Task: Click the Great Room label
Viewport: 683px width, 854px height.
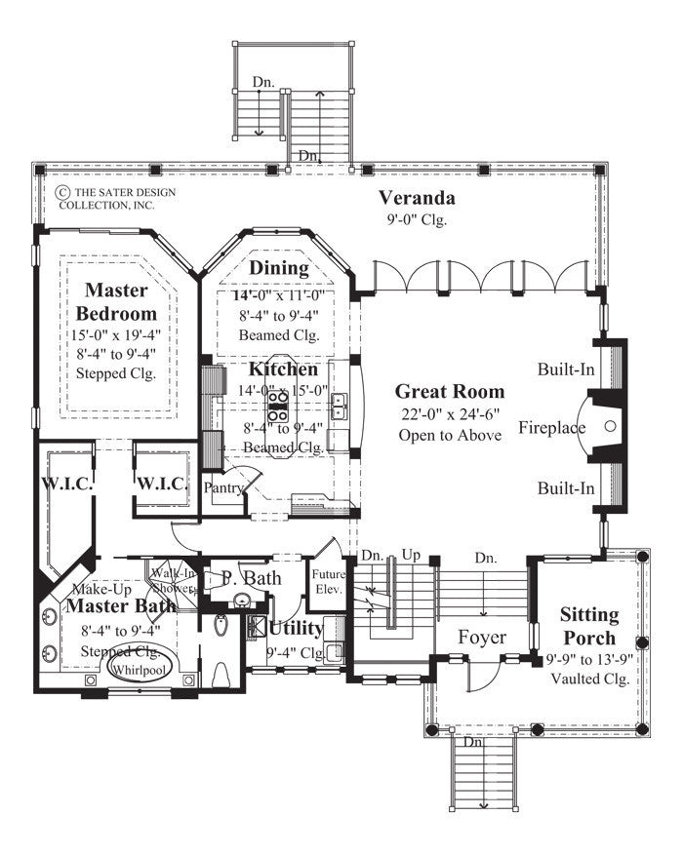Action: [450, 392]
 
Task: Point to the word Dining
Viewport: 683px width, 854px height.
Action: [278, 268]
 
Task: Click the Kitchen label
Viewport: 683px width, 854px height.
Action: [282, 370]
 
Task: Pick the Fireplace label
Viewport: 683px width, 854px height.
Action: [551, 427]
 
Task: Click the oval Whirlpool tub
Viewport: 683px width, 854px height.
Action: [136, 671]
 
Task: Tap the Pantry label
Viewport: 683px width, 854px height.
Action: [224, 487]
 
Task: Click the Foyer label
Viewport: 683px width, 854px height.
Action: [482, 638]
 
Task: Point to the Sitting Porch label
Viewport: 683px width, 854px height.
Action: [588, 625]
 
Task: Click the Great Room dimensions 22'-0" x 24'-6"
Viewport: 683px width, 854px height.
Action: [450, 414]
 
